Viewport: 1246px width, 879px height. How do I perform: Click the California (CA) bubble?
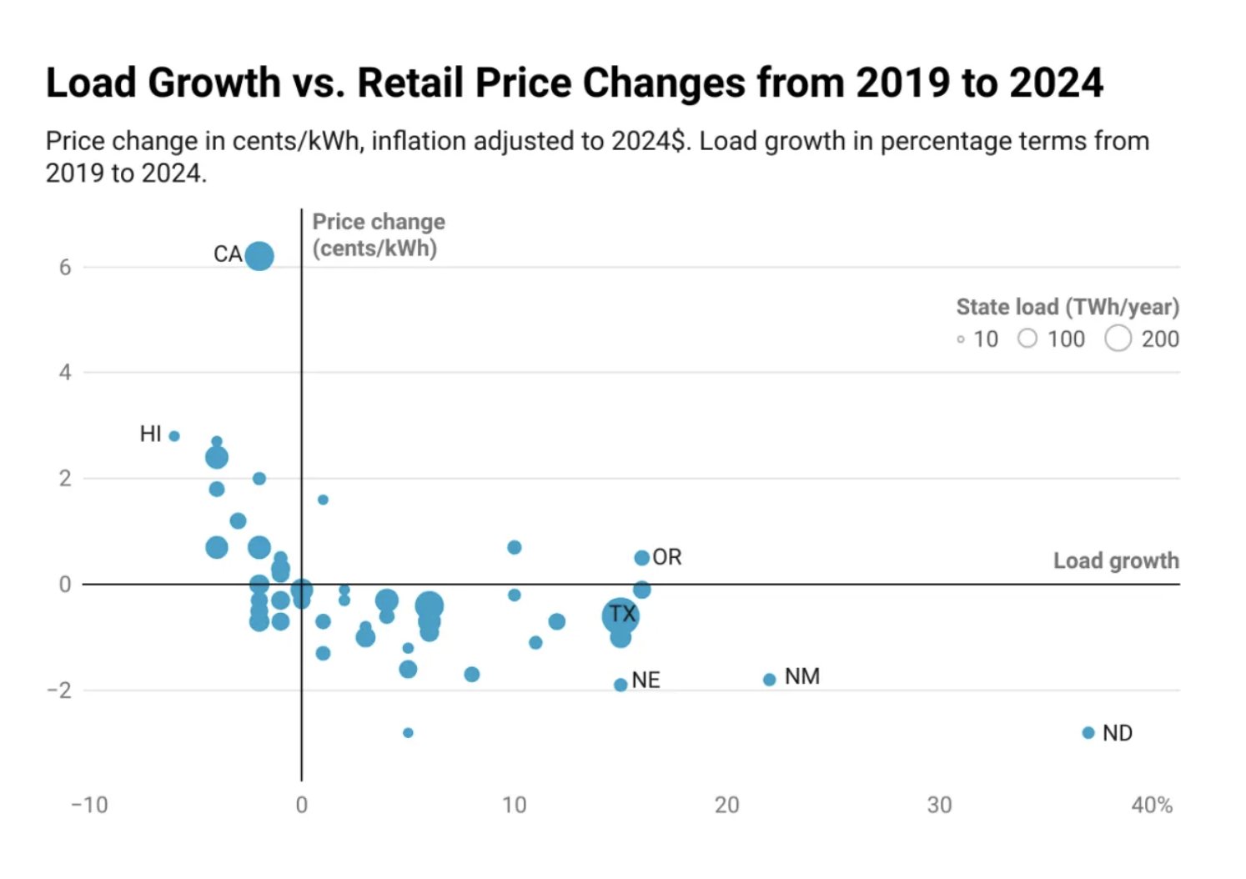tap(259, 255)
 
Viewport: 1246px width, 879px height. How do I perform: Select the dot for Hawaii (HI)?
tap(174, 436)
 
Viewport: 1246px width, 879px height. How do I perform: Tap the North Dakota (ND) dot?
tap(1088, 733)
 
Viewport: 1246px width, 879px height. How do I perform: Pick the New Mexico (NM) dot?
tap(769, 680)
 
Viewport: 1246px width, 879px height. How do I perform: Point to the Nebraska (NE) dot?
tap(620, 685)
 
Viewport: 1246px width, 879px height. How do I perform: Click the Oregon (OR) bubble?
tap(641, 558)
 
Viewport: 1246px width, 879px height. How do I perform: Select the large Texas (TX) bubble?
tap(620, 615)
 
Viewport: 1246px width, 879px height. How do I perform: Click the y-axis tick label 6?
tap(65, 268)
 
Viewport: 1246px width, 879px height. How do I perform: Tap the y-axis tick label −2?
tap(59, 691)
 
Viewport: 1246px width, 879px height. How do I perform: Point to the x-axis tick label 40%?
tap(1152, 805)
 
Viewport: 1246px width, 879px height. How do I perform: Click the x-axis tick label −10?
tap(89, 805)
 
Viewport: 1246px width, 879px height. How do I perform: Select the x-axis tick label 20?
tap(726, 805)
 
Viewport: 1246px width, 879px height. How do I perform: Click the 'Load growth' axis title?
tap(1116, 560)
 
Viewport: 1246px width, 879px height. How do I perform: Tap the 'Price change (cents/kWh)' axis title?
tap(378, 235)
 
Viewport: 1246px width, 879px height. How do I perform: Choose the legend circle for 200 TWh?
tap(1118, 339)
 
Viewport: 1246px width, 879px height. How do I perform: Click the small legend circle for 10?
tap(961, 339)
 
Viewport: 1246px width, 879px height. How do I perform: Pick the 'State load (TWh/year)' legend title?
tap(1068, 307)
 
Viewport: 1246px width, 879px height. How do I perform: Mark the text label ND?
tap(1118, 733)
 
